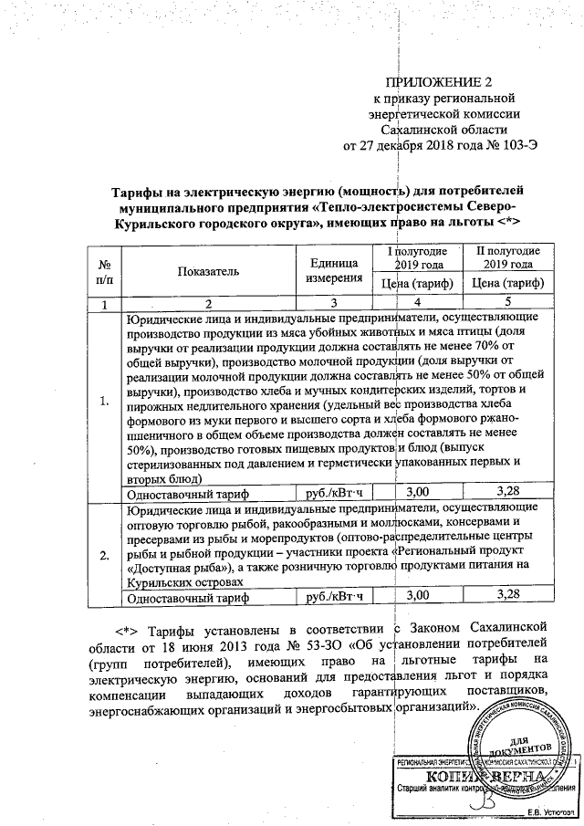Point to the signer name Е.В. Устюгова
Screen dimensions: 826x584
[x=550, y=811]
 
